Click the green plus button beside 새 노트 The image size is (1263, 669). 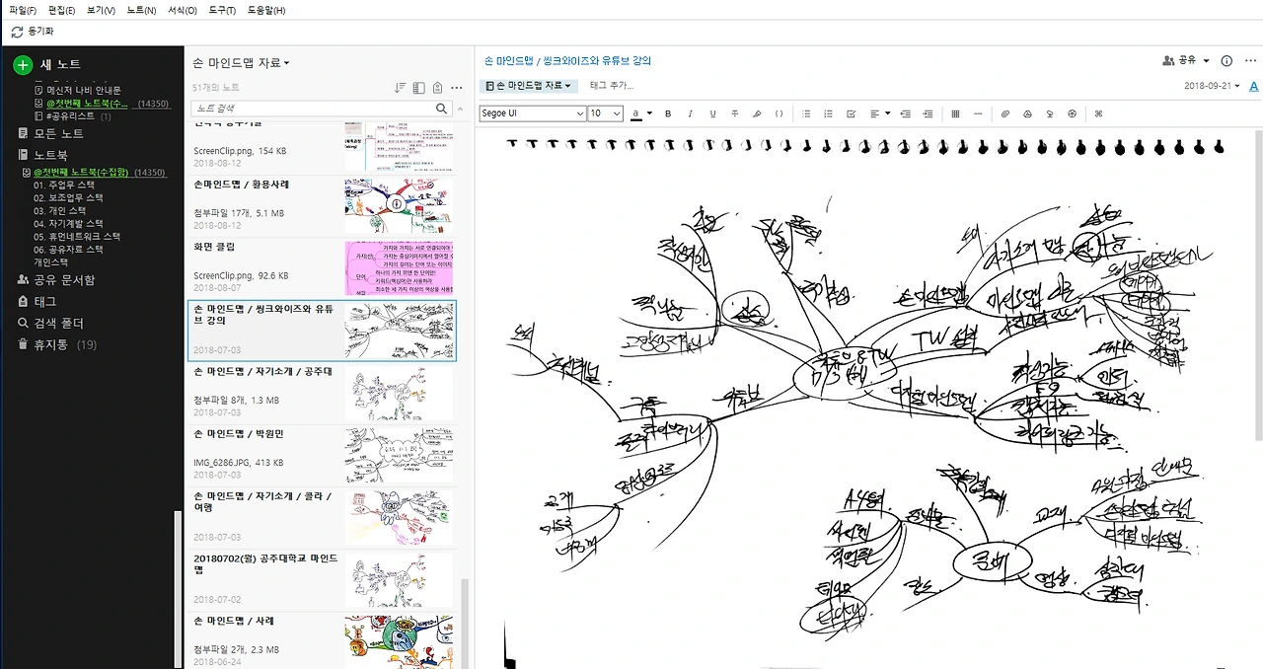23,65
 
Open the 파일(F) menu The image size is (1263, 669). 23,10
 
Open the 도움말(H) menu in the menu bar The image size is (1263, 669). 265,10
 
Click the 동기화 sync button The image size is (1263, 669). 33,32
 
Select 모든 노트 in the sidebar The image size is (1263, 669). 58,133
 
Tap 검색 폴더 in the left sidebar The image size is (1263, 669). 58,323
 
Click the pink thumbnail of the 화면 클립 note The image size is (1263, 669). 399,267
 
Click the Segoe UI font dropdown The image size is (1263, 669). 532,113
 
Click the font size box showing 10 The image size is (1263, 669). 605,113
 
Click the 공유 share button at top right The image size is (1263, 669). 1185,60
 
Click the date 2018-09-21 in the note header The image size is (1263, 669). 1212,86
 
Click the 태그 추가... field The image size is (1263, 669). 612,86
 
